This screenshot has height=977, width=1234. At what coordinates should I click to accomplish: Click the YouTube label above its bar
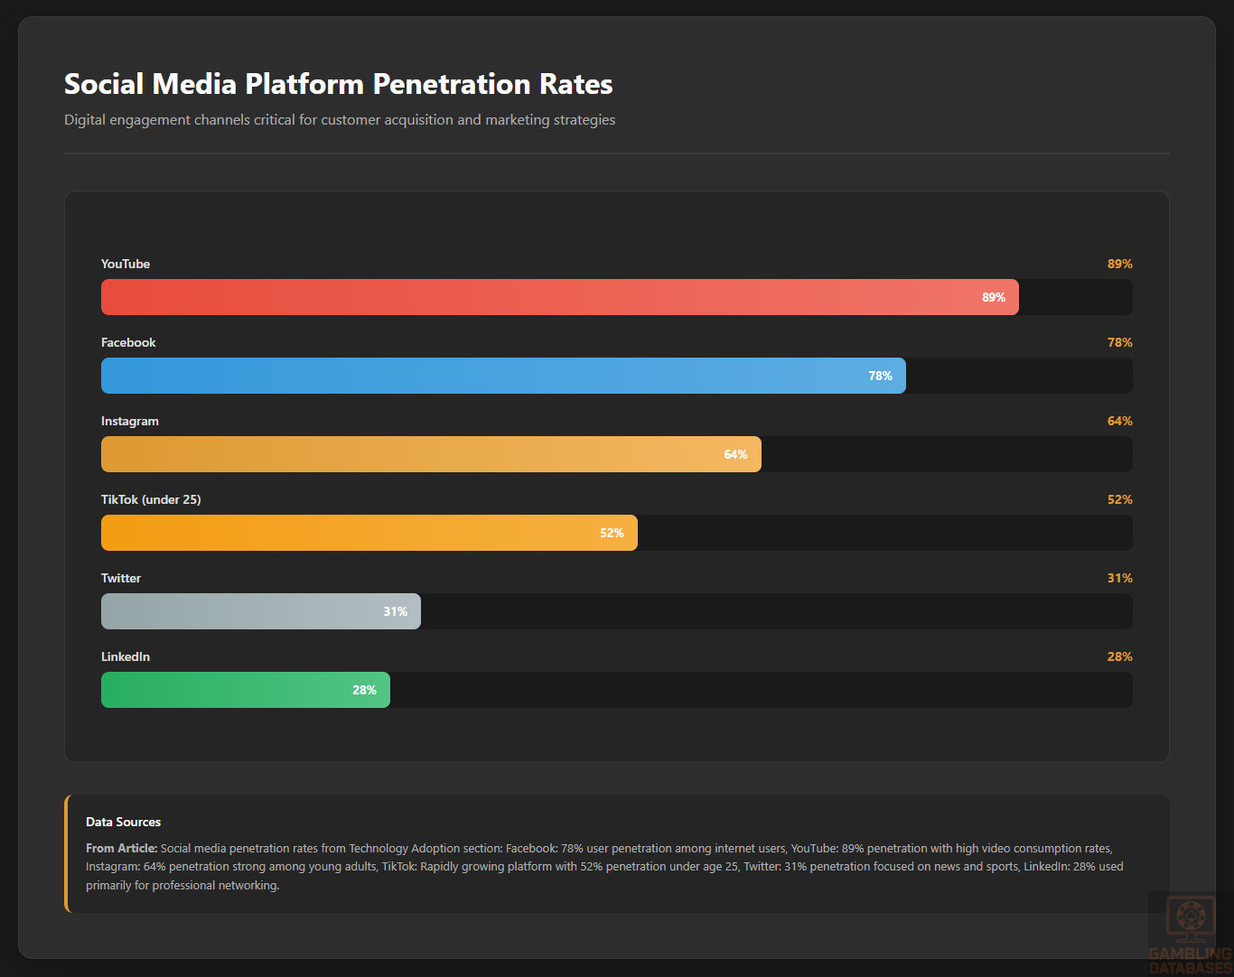pyautogui.click(x=126, y=264)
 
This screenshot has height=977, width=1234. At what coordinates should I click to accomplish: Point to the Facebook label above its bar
pyautogui.click(x=128, y=342)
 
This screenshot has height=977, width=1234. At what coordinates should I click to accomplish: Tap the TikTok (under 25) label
pyautogui.click(x=151, y=499)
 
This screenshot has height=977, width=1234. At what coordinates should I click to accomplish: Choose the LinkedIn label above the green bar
pyautogui.click(x=126, y=656)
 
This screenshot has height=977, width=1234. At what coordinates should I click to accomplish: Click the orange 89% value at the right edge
pyautogui.click(x=1119, y=264)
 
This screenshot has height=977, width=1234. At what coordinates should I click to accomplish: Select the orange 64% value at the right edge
pyautogui.click(x=1119, y=421)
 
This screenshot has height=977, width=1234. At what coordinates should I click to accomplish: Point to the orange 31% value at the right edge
pyautogui.click(x=1119, y=578)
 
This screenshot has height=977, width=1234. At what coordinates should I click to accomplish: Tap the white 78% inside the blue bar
pyautogui.click(x=880, y=376)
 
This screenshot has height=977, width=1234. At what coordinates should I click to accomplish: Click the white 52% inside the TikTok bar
pyautogui.click(x=612, y=533)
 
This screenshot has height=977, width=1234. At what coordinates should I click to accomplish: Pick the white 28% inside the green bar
pyautogui.click(x=364, y=690)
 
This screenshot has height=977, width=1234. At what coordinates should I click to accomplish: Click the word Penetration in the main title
pyautogui.click(x=452, y=84)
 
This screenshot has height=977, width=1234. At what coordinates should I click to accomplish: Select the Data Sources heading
pyautogui.click(x=124, y=822)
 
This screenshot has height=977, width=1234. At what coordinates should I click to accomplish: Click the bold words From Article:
pyautogui.click(x=122, y=848)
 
